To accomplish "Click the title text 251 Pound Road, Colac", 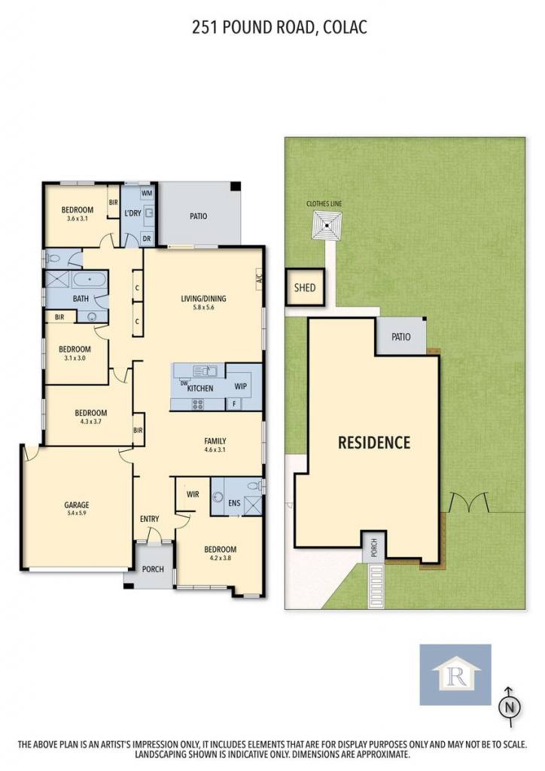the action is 279,27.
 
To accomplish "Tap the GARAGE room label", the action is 77,504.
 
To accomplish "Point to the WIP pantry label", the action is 240,386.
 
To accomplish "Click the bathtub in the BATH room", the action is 90,281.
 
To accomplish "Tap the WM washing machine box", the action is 147,194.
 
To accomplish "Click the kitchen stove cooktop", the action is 197,404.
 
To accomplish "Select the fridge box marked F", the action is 234,404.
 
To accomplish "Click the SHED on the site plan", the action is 305,287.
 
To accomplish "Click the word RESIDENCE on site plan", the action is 374,443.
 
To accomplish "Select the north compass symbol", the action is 510,707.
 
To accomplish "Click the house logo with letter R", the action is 455,675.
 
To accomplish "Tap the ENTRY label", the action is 149,519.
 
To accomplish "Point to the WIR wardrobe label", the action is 193,494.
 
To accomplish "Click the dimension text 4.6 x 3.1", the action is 215,449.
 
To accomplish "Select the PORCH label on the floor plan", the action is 153,569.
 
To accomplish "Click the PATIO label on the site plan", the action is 401,337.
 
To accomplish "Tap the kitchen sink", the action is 206,370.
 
